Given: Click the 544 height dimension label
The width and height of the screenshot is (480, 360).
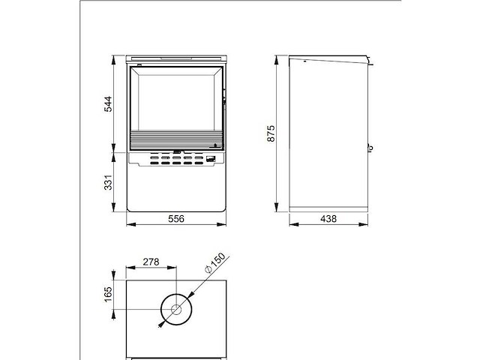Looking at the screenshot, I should pyautogui.click(x=108, y=103).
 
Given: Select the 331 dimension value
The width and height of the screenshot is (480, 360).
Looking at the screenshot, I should pyautogui.click(x=108, y=181).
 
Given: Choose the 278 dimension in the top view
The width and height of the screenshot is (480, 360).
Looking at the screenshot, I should pyautogui.click(x=151, y=262).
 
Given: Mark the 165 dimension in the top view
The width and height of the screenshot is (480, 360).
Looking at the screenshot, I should pyautogui.click(x=108, y=294).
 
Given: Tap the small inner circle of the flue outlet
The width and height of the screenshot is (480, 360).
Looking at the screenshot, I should pyautogui.click(x=176, y=309).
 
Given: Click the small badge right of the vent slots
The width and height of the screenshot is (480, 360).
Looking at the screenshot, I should pyautogui.click(x=212, y=157).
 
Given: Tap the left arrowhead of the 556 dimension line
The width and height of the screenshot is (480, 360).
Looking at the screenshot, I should pyautogui.click(x=127, y=223).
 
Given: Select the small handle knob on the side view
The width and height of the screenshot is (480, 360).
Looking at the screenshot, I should pyautogui.click(x=370, y=147).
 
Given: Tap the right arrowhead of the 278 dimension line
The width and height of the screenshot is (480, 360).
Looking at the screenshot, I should pyautogui.click(x=175, y=268).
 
